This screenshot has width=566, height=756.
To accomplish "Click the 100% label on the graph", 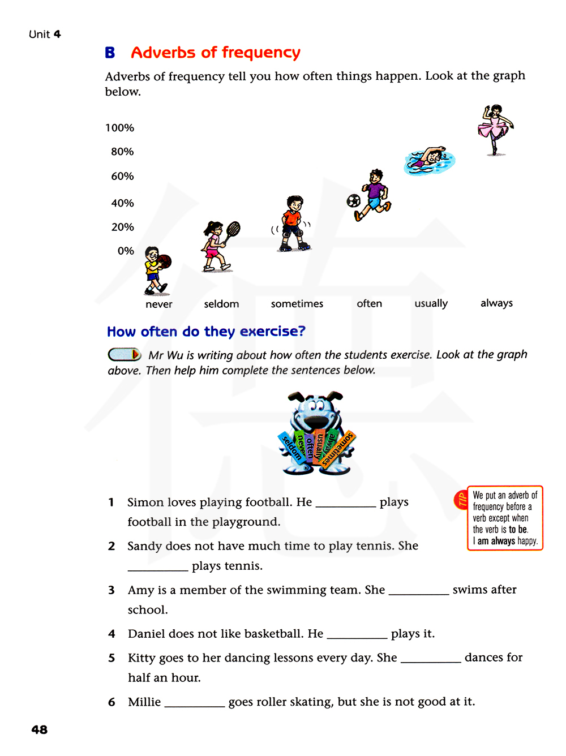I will pyautogui.click(x=119, y=128).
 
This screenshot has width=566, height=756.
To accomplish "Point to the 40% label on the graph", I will pyautogui.click(x=122, y=203).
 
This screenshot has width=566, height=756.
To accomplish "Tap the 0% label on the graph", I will pyautogui.click(x=126, y=251).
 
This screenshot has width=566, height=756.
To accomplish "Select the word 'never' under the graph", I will pyautogui.click(x=158, y=304).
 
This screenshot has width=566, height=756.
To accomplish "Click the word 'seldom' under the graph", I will pyautogui.click(x=221, y=304).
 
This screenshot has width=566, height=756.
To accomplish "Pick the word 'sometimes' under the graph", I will pyautogui.click(x=297, y=304).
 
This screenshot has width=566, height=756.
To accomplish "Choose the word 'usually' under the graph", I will pyautogui.click(x=431, y=303).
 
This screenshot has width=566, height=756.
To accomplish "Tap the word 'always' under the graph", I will pyautogui.click(x=496, y=303).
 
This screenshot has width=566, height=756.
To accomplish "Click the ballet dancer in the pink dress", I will pyautogui.click(x=495, y=129).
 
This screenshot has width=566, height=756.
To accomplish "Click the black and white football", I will pyautogui.click(x=354, y=200).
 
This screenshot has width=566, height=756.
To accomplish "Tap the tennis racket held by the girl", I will pyautogui.click(x=233, y=229).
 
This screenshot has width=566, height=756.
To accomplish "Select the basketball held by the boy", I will pyautogui.click(x=164, y=261).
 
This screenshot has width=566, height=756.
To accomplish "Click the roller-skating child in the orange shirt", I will pyautogui.click(x=294, y=224).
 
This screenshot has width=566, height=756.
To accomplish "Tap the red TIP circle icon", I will pyautogui.click(x=461, y=499).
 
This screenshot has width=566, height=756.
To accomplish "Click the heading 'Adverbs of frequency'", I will pyautogui.click(x=215, y=53).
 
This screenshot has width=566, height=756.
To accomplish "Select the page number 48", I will pyautogui.click(x=39, y=730).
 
